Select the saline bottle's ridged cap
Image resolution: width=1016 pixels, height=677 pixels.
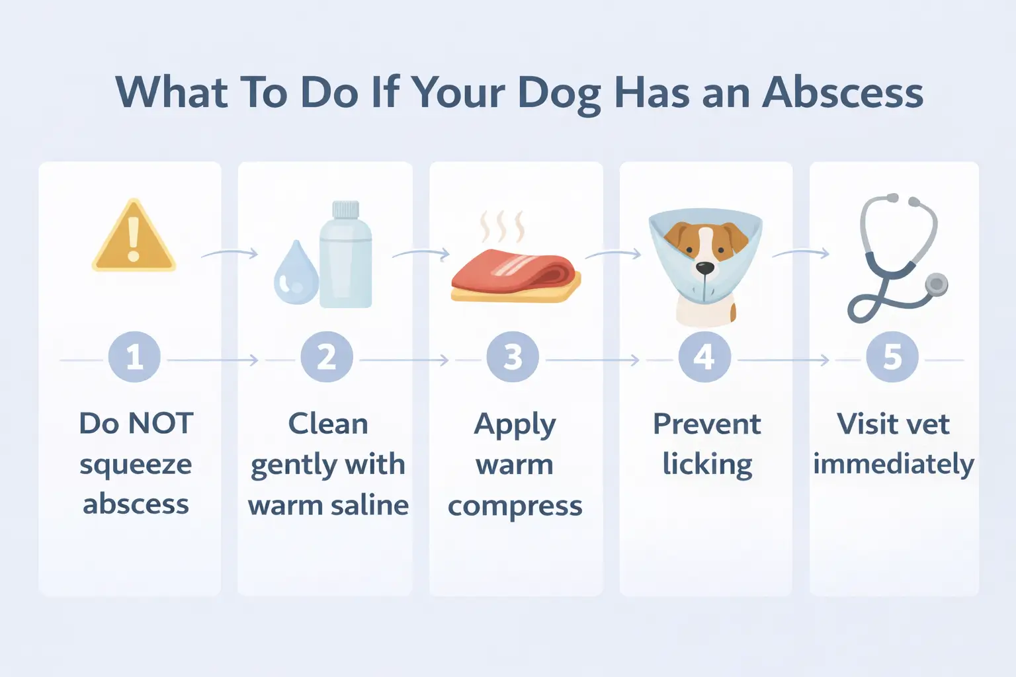[345, 210]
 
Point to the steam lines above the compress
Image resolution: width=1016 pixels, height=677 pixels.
[502, 227]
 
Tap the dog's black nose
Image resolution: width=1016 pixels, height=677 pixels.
[705, 268]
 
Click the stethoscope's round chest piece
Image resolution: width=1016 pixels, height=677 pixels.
[936, 284]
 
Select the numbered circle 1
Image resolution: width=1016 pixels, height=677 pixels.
[134, 358]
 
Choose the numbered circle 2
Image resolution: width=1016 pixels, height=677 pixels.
[327, 358]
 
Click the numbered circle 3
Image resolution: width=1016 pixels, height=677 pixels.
[513, 358]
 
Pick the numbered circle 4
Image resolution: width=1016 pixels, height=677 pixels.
[704, 358]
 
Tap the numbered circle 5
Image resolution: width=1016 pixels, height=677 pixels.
[892, 358]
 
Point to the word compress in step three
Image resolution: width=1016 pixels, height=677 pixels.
[515, 507]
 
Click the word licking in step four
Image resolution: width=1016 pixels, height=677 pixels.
[707, 465]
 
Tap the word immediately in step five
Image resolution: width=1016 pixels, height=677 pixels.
[893, 465]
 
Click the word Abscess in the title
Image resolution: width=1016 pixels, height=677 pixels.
[843, 93]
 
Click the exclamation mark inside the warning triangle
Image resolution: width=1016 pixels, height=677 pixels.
[134, 239]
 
